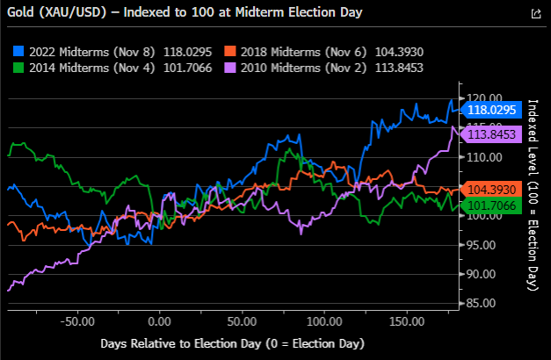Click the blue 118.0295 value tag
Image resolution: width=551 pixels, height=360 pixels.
pos(491,110)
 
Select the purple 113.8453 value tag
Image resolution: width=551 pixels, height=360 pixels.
pos(491,134)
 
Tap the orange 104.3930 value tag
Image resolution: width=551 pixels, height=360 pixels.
pos(491,190)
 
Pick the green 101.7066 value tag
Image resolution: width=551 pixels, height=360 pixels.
pos(491,205)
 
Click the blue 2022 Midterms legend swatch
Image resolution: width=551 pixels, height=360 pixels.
pos(18,51)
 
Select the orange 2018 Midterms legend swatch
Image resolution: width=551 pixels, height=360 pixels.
pos(230,51)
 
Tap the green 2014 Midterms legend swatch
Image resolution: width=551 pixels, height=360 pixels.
pos(18,68)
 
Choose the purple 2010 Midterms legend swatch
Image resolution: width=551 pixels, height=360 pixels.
pos(230,68)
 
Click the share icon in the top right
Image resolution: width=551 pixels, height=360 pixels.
pos(536,14)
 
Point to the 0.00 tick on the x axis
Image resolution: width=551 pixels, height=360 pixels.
pos(160,321)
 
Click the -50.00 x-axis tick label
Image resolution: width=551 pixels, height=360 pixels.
pos(77,321)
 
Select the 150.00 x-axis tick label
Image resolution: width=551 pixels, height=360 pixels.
pos(407,321)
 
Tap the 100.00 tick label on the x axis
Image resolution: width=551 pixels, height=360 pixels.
pos(324,321)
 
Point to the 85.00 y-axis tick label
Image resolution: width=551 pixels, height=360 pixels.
pos(481,303)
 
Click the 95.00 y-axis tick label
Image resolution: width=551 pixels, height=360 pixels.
pos(481,245)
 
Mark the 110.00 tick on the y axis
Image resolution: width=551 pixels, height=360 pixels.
pos(484,157)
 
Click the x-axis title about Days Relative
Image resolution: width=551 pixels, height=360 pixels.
pos(233,343)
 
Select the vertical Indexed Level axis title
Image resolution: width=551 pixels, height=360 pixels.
pos(533,195)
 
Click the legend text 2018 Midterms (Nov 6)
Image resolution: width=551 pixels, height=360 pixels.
pos(303,52)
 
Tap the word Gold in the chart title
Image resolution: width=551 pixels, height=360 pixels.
pos(21,12)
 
